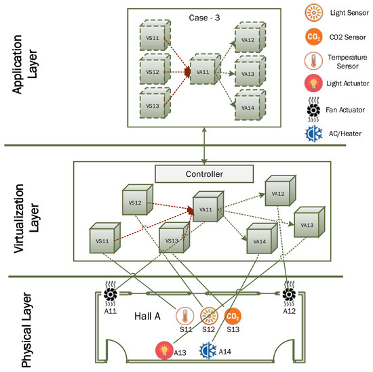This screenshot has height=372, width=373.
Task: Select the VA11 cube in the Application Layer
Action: [x=203, y=70]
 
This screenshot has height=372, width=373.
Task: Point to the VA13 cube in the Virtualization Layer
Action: [x=307, y=224]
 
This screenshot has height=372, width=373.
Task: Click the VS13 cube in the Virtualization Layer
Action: [x=173, y=241]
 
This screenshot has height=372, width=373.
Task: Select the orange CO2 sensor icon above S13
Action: [x=233, y=316]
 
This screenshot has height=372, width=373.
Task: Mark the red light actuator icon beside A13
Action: [x=164, y=350]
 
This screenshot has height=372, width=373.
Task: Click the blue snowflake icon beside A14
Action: [x=207, y=350]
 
